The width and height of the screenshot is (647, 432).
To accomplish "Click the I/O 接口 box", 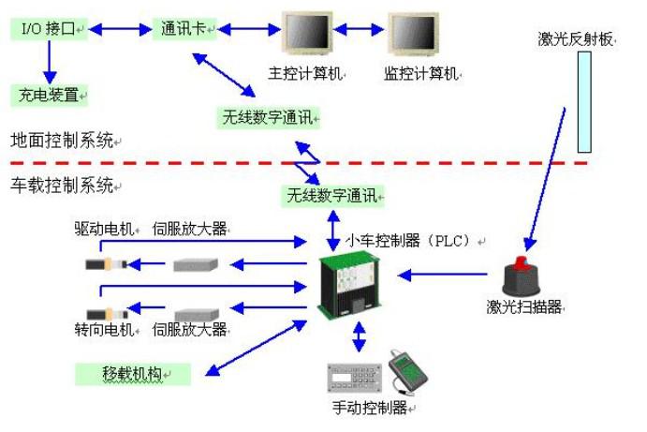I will (x=49, y=31).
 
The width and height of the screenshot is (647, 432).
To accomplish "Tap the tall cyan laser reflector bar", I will (x=584, y=101).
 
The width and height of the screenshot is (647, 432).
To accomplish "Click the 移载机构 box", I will (x=131, y=374).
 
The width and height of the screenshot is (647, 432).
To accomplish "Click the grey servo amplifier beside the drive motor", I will (x=196, y=264).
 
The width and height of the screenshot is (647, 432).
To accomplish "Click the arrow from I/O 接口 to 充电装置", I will (x=49, y=63).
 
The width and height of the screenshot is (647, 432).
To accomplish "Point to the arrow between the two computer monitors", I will (x=360, y=31).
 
